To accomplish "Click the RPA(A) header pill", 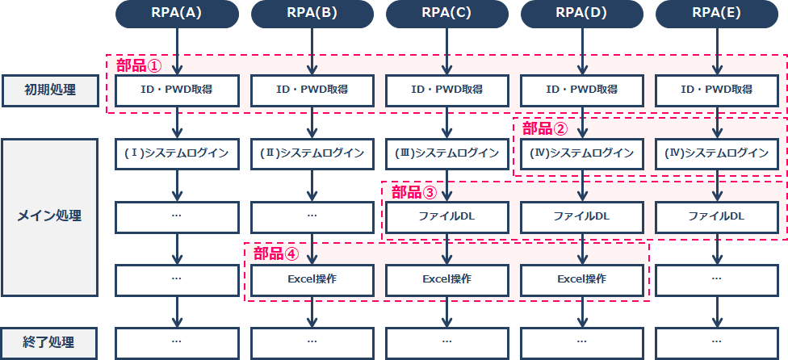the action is pos(176,14).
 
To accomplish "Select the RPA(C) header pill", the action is pos(446,14).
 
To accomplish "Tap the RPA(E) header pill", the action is pos(717,14).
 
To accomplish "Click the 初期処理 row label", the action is pos(50,90).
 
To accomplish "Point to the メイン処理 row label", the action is pos(49,217).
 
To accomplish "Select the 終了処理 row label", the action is pos(49,343).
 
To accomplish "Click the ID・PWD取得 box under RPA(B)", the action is pos(312,90).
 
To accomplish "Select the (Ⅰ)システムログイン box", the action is pos(176,153).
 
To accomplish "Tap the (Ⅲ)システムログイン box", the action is pos(446,153).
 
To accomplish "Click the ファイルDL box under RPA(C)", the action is pos(446,217).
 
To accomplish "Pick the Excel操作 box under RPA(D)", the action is pos(582,279).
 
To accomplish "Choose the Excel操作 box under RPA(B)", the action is pos(312,279).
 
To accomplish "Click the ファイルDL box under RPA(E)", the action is pos(717,217).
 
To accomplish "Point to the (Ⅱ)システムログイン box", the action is pos(312,153).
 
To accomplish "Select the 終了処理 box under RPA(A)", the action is pos(176,343).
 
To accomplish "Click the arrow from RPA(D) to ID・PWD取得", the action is pos(582,51).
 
